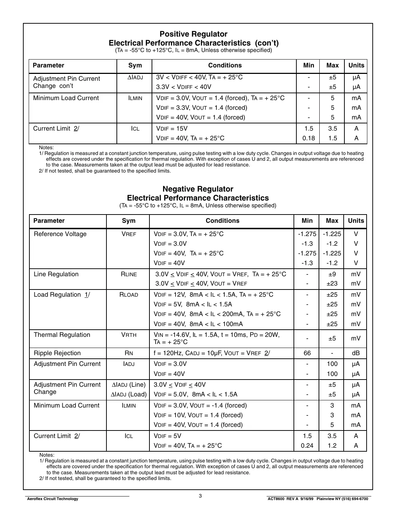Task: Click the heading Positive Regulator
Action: [193, 34]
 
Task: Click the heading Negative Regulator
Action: [198, 189]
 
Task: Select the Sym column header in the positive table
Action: [135, 65]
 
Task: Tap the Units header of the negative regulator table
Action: [356, 221]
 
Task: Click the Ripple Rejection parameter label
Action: [57, 353]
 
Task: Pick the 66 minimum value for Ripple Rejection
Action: [307, 353]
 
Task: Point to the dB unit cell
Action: [356, 353]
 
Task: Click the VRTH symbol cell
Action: [128, 335]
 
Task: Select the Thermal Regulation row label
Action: [62, 335]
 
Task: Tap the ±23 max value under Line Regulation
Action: [332, 283]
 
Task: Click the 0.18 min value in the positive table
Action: [308, 138]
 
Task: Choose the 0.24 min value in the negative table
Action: [307, 446]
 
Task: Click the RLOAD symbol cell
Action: [128, 295]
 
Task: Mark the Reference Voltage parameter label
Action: [60, 234]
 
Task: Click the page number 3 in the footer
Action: [200, 496]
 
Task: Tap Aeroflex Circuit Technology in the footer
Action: [52, 499]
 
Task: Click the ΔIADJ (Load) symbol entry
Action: [129, 394]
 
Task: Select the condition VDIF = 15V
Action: [172, 128]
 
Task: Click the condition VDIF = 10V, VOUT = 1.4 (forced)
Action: [198, 415]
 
